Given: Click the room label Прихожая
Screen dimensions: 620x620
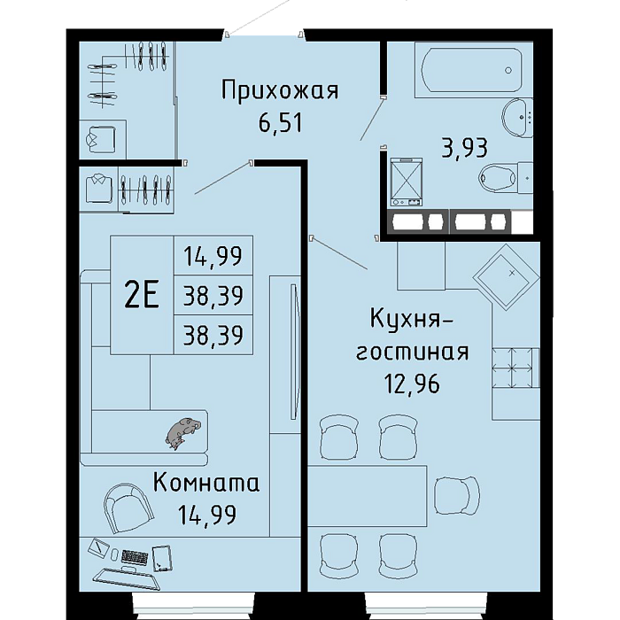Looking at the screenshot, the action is tap(280, 90).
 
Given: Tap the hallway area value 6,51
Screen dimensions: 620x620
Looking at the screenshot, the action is tap(280, 122).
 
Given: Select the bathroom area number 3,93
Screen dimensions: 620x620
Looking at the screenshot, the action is tap(465, 148).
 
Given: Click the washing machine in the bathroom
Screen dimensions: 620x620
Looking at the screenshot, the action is tap(406, 182).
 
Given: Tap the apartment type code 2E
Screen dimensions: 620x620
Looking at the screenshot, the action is tap(142, 295).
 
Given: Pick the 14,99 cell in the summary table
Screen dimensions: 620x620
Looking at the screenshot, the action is tap(213, 256).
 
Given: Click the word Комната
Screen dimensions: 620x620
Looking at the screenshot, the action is tap(206, 484).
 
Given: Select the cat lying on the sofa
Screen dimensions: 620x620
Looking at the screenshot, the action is tap(183, 432).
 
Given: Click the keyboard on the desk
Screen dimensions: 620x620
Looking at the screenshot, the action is tap(135, 557).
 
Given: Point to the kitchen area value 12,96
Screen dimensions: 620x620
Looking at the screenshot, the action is tap(413, 384).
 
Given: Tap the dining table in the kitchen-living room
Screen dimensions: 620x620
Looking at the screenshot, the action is tap(368, 496).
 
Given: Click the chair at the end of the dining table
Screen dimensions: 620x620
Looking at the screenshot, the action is tap(458, 495).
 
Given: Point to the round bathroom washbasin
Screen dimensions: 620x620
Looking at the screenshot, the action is tap(518, 117).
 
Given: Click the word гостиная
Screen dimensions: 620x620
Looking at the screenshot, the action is tap(413, 352).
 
